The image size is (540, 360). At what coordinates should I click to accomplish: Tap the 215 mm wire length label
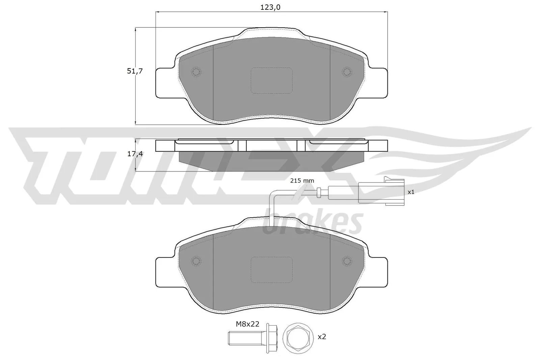302,181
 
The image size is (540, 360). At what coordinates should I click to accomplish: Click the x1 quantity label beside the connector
411,192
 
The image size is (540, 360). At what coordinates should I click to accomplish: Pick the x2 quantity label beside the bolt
322,336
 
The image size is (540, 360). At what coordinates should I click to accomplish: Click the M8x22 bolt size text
247,324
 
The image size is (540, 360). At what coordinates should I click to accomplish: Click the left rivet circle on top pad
196,71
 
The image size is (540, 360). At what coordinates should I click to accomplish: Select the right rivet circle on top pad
347,71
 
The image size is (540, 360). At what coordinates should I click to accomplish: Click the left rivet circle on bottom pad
196,260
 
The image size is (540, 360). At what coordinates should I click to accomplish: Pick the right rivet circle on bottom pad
347,260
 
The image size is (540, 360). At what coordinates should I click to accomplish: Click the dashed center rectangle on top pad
271,80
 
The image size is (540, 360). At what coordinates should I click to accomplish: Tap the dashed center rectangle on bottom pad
271,270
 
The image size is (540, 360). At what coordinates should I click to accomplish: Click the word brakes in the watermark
312,223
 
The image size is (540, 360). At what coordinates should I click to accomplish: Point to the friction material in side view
271,160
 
